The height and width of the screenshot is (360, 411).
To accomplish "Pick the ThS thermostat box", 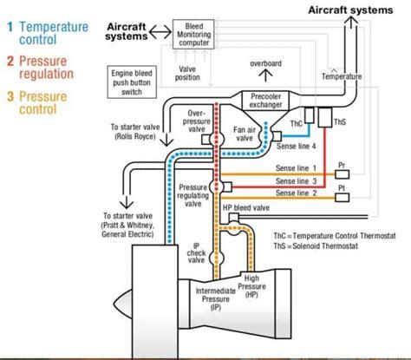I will click(326, 116).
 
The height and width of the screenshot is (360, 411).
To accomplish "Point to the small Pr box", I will click(342, 166).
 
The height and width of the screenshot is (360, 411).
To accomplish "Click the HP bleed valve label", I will click(246, 208).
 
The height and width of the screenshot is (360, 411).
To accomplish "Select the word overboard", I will click(265, 63).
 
